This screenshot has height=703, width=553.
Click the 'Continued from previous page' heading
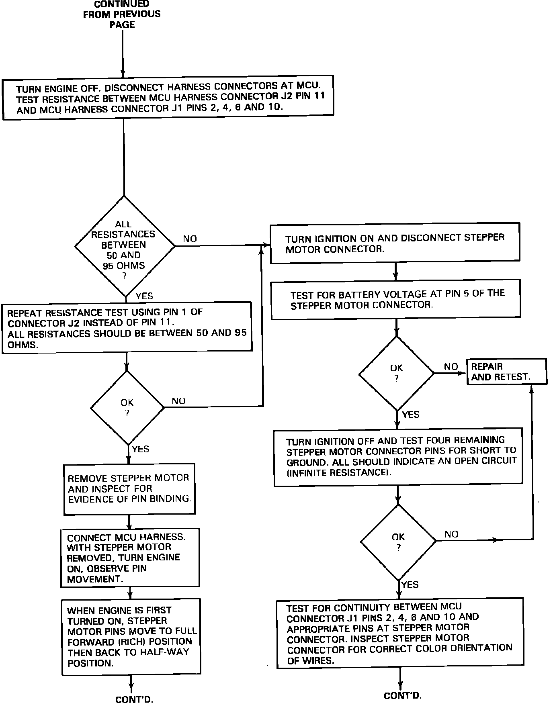122,14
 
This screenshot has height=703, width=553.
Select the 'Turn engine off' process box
168,97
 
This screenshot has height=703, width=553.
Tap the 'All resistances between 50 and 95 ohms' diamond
124,246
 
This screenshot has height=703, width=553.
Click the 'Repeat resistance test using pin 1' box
127,328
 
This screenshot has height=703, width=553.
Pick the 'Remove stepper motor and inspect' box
129,489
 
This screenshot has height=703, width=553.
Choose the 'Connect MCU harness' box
130,558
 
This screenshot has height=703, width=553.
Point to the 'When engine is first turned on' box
131,637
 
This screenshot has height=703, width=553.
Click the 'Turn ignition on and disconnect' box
395,243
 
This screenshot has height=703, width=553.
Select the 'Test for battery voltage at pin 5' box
396,299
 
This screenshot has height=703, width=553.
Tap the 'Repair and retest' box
506,372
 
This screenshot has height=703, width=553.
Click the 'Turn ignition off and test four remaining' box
398,457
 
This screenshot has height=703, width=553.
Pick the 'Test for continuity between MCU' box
400,634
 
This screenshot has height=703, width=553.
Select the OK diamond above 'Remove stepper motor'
127,408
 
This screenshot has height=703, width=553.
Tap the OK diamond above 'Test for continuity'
398,542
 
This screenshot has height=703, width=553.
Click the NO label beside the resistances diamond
190,239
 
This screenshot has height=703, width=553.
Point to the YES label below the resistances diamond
144,296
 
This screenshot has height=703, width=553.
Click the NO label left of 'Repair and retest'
451,367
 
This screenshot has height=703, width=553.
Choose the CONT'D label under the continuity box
402,695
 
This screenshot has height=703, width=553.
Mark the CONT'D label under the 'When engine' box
134,699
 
